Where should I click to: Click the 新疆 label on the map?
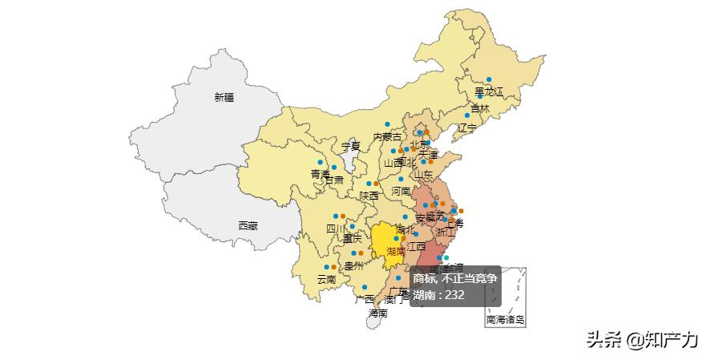pos(224,97)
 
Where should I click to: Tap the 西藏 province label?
pos(248,226)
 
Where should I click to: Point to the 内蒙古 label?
pos(387,137)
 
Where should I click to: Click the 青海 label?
pos(321,173)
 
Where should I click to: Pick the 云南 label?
pos(327,279)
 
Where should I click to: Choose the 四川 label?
pos(336,229)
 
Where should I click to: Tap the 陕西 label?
pos(369,195)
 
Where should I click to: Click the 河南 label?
pos(401,192)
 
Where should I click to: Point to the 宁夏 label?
pos(351,147)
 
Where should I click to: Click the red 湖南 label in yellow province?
pos(396,251)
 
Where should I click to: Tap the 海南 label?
pos(378,313)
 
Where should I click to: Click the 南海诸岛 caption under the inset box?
pos(506,320)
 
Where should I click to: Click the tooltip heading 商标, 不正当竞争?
pos(454,278)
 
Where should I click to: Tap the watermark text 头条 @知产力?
pos(641,340)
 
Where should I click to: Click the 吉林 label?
pos(480,109)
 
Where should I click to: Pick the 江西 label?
pos(417,246)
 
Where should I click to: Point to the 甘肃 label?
pos(334,180)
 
